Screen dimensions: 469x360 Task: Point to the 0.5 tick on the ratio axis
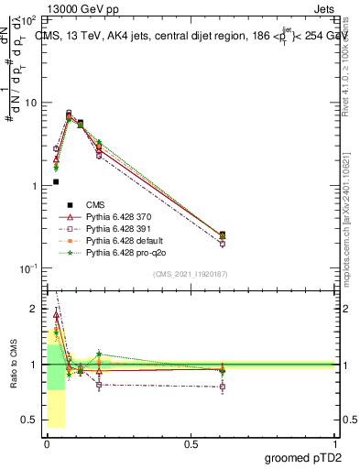tap(30, 420)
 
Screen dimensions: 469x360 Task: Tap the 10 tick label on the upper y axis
tap(30, 103)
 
